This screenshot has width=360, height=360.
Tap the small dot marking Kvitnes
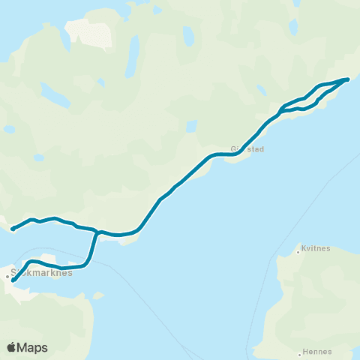click(x=298, y=253)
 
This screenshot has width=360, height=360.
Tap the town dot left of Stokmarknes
click(x=8, y=277)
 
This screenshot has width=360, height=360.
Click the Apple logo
click(x=12, y=346)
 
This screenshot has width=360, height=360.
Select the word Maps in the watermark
click(x=33, y=347)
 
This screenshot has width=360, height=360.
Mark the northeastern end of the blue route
click(x=347, y=79)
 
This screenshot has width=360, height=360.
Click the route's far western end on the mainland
click(x=13, y=228)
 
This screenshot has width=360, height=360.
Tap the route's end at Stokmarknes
click(x=14, y=281)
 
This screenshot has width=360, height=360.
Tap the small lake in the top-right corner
click(x=294, y=26)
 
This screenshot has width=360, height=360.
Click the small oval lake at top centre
click(x=188, y=36)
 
